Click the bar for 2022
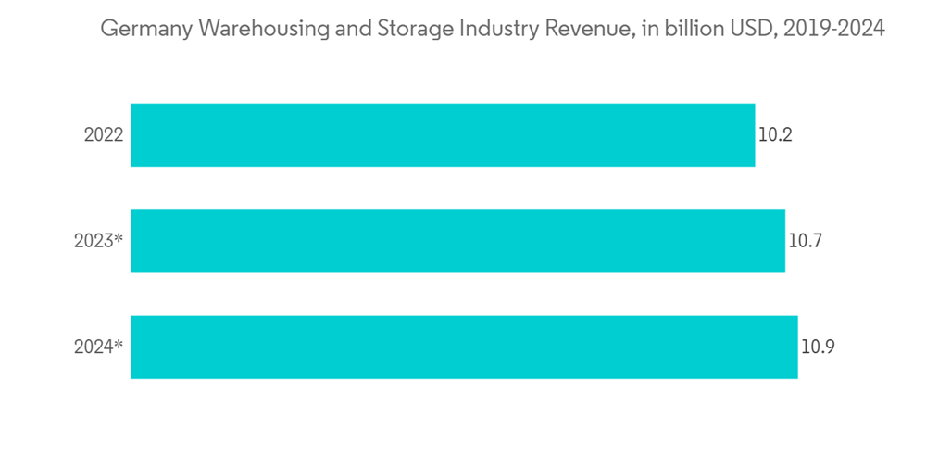point(443,135)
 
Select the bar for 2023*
point(457,241)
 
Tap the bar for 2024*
point(464,347)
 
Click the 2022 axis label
point(103,135)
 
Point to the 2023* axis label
point(98,242)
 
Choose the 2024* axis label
point(98,348)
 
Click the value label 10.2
point(775,135)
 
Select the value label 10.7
point(806,242)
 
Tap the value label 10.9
point(818,348)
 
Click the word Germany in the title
point(136,30)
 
